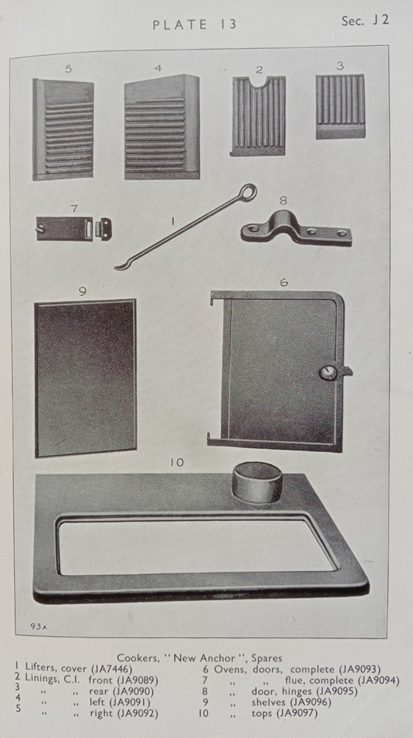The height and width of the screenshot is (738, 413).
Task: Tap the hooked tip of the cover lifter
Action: click(118, 267)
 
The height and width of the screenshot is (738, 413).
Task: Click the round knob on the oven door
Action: click(327, 372)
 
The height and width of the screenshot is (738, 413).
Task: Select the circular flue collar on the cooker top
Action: click(257, 482)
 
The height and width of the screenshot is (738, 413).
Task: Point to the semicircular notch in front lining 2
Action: click(258, 82)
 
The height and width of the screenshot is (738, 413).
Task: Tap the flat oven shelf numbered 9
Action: click(86, 378)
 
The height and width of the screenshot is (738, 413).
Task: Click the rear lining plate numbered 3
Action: click(340, 107)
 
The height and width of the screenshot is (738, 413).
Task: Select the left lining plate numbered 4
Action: click(162, 127)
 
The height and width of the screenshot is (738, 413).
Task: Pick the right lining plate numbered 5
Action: click(63, 130)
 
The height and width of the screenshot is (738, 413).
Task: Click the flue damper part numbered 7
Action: click(74, 229)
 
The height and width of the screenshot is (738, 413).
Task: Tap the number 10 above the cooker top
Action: click(177, 462)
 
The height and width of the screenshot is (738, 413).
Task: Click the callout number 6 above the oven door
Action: click(283, 282)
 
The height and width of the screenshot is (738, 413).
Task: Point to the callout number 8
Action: click(283, 201)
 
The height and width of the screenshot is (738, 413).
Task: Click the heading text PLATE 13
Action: click(194, 25)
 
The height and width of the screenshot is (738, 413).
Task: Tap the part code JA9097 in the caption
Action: click(297, 713)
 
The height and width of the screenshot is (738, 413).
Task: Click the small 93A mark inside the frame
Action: click(38, 626)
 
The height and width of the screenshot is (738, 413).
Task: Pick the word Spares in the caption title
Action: click(266, 657)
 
